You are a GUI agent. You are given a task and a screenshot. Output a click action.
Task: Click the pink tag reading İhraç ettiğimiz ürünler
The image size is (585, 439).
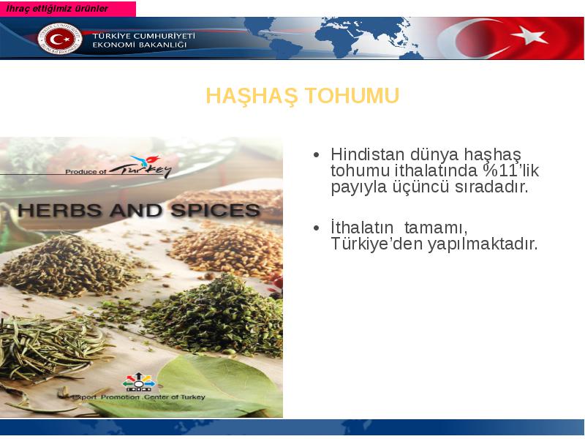pos(67,9)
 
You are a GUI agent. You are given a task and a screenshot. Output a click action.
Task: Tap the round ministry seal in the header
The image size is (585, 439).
pos(60,39)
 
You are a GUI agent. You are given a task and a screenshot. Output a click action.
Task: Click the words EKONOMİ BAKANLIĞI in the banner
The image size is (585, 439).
pos(139,45)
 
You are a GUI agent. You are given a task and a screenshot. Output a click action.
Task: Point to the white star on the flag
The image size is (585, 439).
pos(529,36)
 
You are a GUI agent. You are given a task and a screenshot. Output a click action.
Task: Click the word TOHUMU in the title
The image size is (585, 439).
pos(352,96)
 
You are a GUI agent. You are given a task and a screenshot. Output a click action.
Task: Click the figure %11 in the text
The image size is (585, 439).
pos(502,170)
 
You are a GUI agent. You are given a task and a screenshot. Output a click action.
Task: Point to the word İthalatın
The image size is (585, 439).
pos(362,227)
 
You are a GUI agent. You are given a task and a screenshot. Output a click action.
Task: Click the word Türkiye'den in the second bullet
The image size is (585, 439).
pos(377,244)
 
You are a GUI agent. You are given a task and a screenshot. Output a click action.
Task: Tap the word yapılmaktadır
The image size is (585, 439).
pos(483,244)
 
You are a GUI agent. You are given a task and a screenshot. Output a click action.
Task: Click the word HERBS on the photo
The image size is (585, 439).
pos(59,211)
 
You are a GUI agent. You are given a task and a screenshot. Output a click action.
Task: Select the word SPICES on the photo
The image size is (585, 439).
pos(215,211)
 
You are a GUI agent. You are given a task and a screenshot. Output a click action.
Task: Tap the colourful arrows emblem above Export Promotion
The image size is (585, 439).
pos(139,382)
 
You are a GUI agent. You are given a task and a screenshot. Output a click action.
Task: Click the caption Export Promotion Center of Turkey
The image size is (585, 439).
pos(138,397)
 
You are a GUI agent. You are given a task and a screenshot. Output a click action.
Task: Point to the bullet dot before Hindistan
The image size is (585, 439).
pos(317,154)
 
